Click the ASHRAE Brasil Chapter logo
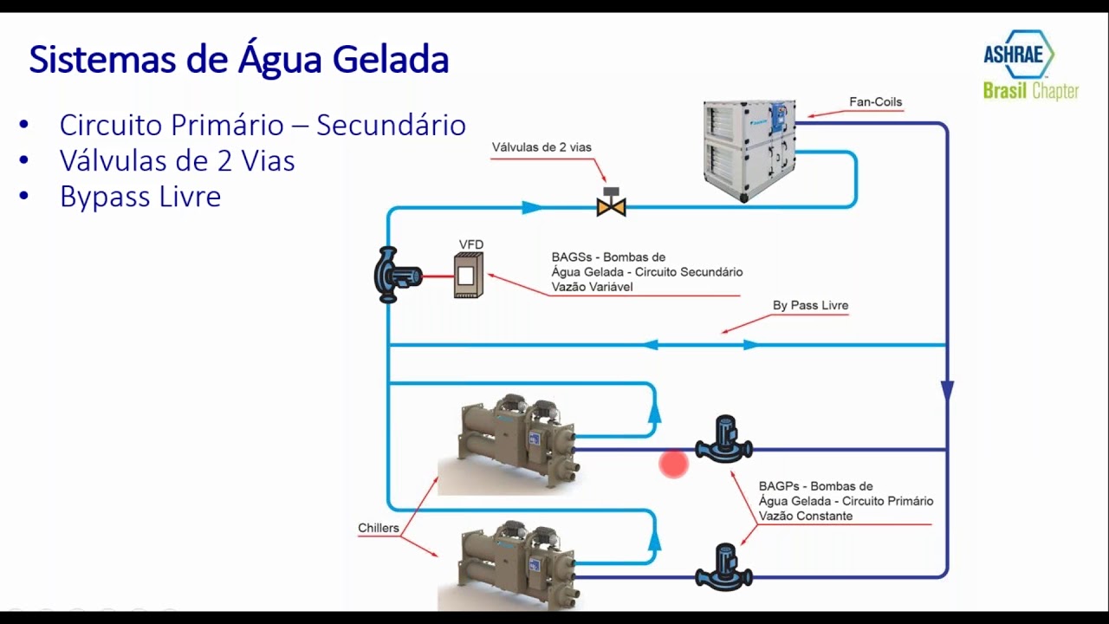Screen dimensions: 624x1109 [1029, 65]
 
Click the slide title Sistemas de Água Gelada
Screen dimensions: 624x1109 [239, 61]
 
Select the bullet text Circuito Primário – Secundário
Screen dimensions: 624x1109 [263, 125]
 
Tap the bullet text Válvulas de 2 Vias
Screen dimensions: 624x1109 [177, 161]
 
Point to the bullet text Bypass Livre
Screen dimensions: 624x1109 [140, 197]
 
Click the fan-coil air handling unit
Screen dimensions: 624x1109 [749, 150]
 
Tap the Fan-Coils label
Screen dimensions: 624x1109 [875, 102]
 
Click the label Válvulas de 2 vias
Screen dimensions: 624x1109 [542, 147]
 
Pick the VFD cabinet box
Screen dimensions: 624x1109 [469, 276]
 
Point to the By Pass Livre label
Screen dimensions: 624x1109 [810, 306]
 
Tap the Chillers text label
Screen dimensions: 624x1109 [379, 528]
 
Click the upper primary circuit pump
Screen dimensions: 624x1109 [724, 442]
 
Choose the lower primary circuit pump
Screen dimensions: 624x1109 [723, 569]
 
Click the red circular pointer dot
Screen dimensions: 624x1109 [673, 465]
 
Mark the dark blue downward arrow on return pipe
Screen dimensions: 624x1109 [947, 391]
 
